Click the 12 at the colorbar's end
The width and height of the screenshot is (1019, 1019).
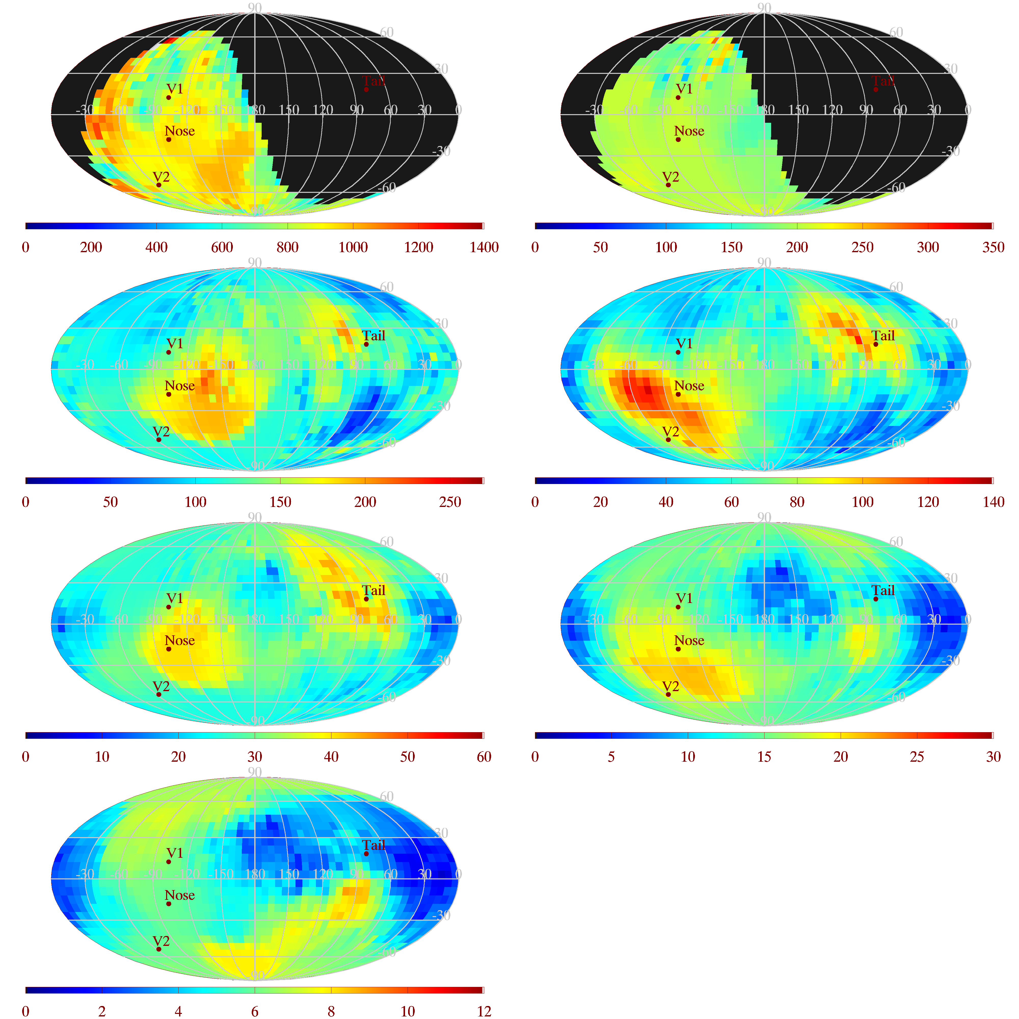click(x=484, y=1011)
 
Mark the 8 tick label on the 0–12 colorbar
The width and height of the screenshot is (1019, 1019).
click(x=331, y=1011)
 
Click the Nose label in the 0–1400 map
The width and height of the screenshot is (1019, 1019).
click(x=180, y=131)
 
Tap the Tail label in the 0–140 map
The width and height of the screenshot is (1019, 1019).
click(x=883, y=336)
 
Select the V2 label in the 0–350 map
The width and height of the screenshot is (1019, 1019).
click(x=670, y=177)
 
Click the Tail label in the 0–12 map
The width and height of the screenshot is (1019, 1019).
click(x=373, y=845)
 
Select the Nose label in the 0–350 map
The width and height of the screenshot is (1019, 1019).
click(x=689, y=131)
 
